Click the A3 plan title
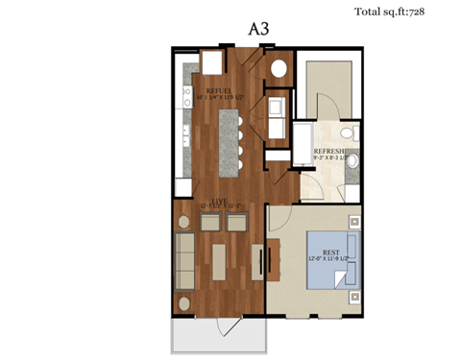pos(259,28)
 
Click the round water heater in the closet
pos(279,69)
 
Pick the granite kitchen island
pos(228,144)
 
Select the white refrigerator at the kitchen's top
pos(209,61)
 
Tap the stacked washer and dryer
pos(277,114)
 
